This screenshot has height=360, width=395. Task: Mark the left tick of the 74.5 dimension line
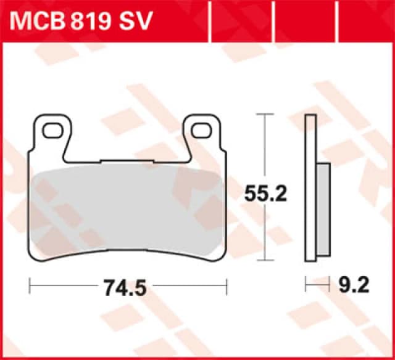pyautogui.click(x=30, y=286)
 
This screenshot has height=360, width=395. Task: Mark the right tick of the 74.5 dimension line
pyautogui.click(x=227, y=286)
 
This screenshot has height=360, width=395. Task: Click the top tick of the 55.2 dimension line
pyautogui.click(x=266, y=115)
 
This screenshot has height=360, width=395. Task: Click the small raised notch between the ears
pyautogui.click(x=128, y=161)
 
